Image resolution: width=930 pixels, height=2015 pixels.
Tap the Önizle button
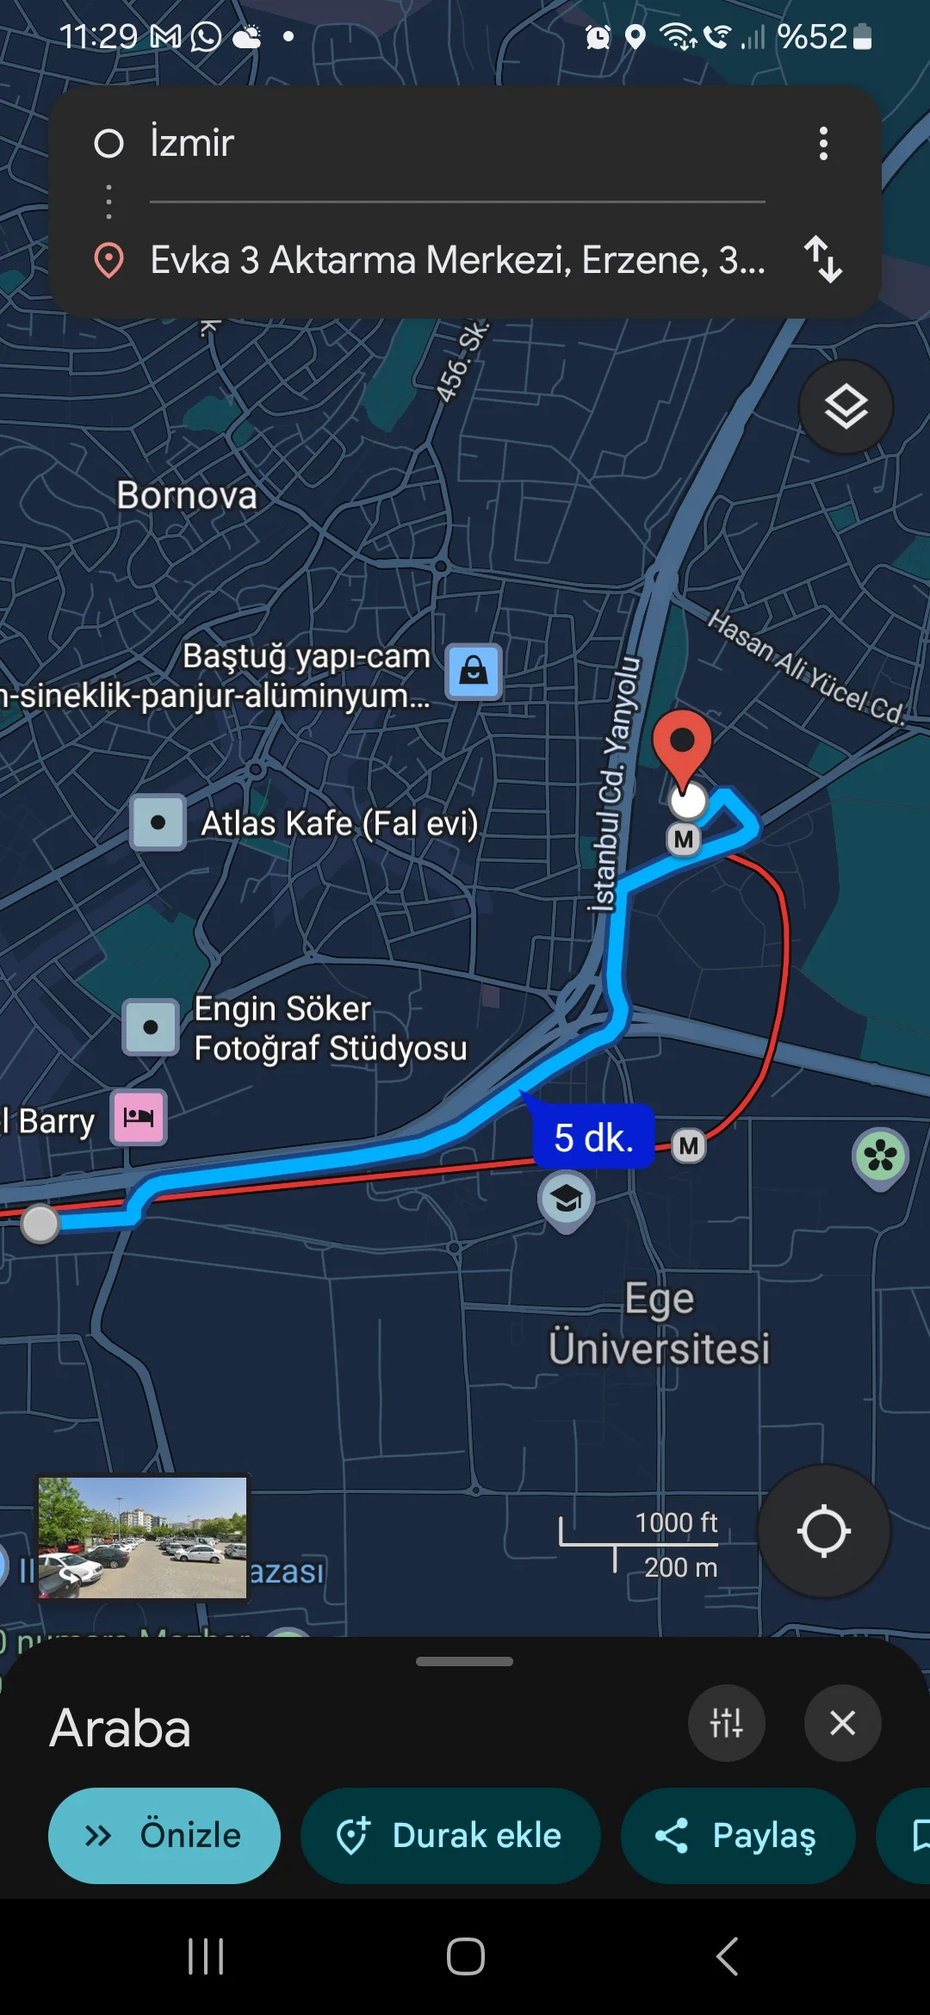click(x=164, y=1835)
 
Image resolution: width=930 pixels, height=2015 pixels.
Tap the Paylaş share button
click(x=738, y=1835)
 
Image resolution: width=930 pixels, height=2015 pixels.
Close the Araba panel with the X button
click(x=842, y=1723)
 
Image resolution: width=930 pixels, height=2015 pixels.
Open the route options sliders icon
click(x=726, y=1723)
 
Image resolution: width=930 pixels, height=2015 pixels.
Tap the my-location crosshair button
click(x=823, y=1531)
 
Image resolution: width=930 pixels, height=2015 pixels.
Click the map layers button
click(x=846, y=406)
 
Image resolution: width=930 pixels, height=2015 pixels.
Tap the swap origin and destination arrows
click(x=822, y=259)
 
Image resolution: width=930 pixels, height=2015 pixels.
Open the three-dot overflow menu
click(x=823, y=144)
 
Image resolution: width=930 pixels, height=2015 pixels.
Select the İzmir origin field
click(x=431, y=143)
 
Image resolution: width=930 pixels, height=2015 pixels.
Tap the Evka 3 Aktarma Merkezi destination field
click(x=456, y=259)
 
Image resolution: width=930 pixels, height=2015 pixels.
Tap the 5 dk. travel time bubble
click(x=593, y=1138)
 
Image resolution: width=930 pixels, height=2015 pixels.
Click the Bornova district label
click(x=187, y=495)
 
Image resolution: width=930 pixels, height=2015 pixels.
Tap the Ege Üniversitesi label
click(x=660, y=1324)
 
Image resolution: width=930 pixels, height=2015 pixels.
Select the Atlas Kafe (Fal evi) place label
click(x=338, y=823)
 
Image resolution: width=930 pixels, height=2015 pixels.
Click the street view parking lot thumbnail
click(x=143, y=1537)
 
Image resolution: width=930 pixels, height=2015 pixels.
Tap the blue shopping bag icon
click(x=474, y=671)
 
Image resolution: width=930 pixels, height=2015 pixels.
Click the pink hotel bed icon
click(x=139, y=1118)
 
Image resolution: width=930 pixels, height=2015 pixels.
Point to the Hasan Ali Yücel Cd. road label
click(x=805, y=667)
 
